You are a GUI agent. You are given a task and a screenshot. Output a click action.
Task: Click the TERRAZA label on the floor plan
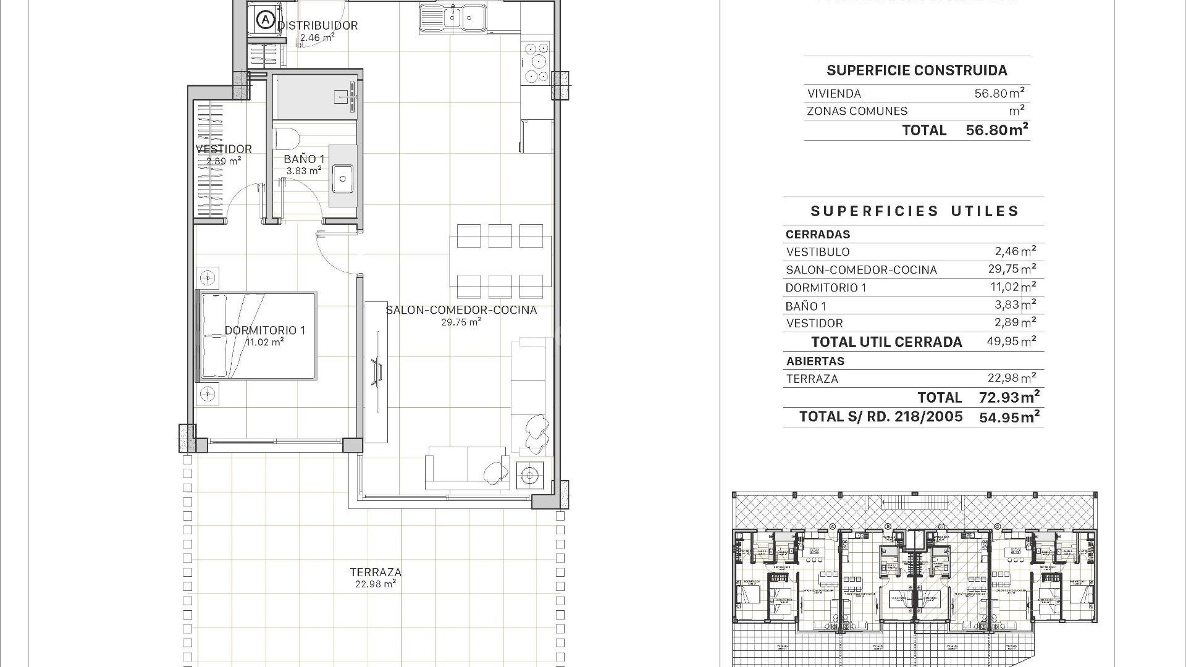[376, 572]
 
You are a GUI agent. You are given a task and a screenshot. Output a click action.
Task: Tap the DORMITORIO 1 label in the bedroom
[264, 330]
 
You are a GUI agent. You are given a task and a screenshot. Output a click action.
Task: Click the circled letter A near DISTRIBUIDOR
[265, 20]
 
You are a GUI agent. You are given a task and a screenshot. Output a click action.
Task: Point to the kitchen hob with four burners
[536, 62]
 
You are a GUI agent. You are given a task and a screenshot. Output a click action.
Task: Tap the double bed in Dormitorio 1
[256, 336]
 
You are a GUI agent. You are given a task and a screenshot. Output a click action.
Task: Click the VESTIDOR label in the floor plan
[224, 149]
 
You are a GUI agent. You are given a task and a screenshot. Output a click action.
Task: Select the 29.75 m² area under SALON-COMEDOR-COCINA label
[461, 322]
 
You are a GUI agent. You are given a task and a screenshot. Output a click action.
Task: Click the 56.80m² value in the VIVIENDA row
[999, 93]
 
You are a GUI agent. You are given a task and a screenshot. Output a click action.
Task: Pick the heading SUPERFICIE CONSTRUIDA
[917, 70]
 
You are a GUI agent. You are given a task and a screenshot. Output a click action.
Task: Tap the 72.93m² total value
[1009, 397]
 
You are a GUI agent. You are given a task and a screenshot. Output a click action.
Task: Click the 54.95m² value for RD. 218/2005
[1009, 417]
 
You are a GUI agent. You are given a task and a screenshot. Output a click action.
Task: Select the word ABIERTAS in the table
[815, 361]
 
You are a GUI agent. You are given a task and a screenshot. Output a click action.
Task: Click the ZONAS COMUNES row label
[857, 111]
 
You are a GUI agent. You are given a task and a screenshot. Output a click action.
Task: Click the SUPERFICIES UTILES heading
[914, 211]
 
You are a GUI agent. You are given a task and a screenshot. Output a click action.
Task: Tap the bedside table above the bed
[208, 278]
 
